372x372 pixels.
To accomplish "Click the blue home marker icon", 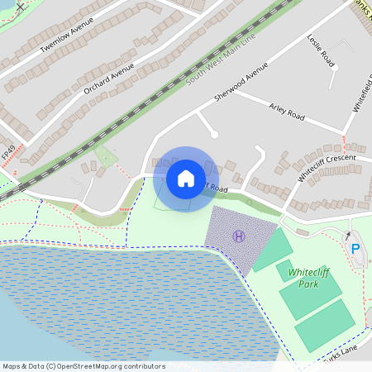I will [186, 179].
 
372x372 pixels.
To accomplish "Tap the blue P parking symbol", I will [355, 248].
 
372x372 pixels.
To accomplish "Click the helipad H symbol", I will [240, 236].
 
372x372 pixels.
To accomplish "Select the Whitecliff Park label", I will [303, 278].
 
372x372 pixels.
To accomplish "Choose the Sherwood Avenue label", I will [241, 85].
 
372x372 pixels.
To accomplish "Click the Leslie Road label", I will [322, 51].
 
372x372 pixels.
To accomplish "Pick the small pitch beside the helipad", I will [274, 250].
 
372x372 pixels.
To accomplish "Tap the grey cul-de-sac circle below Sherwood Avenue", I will [214, 134].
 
